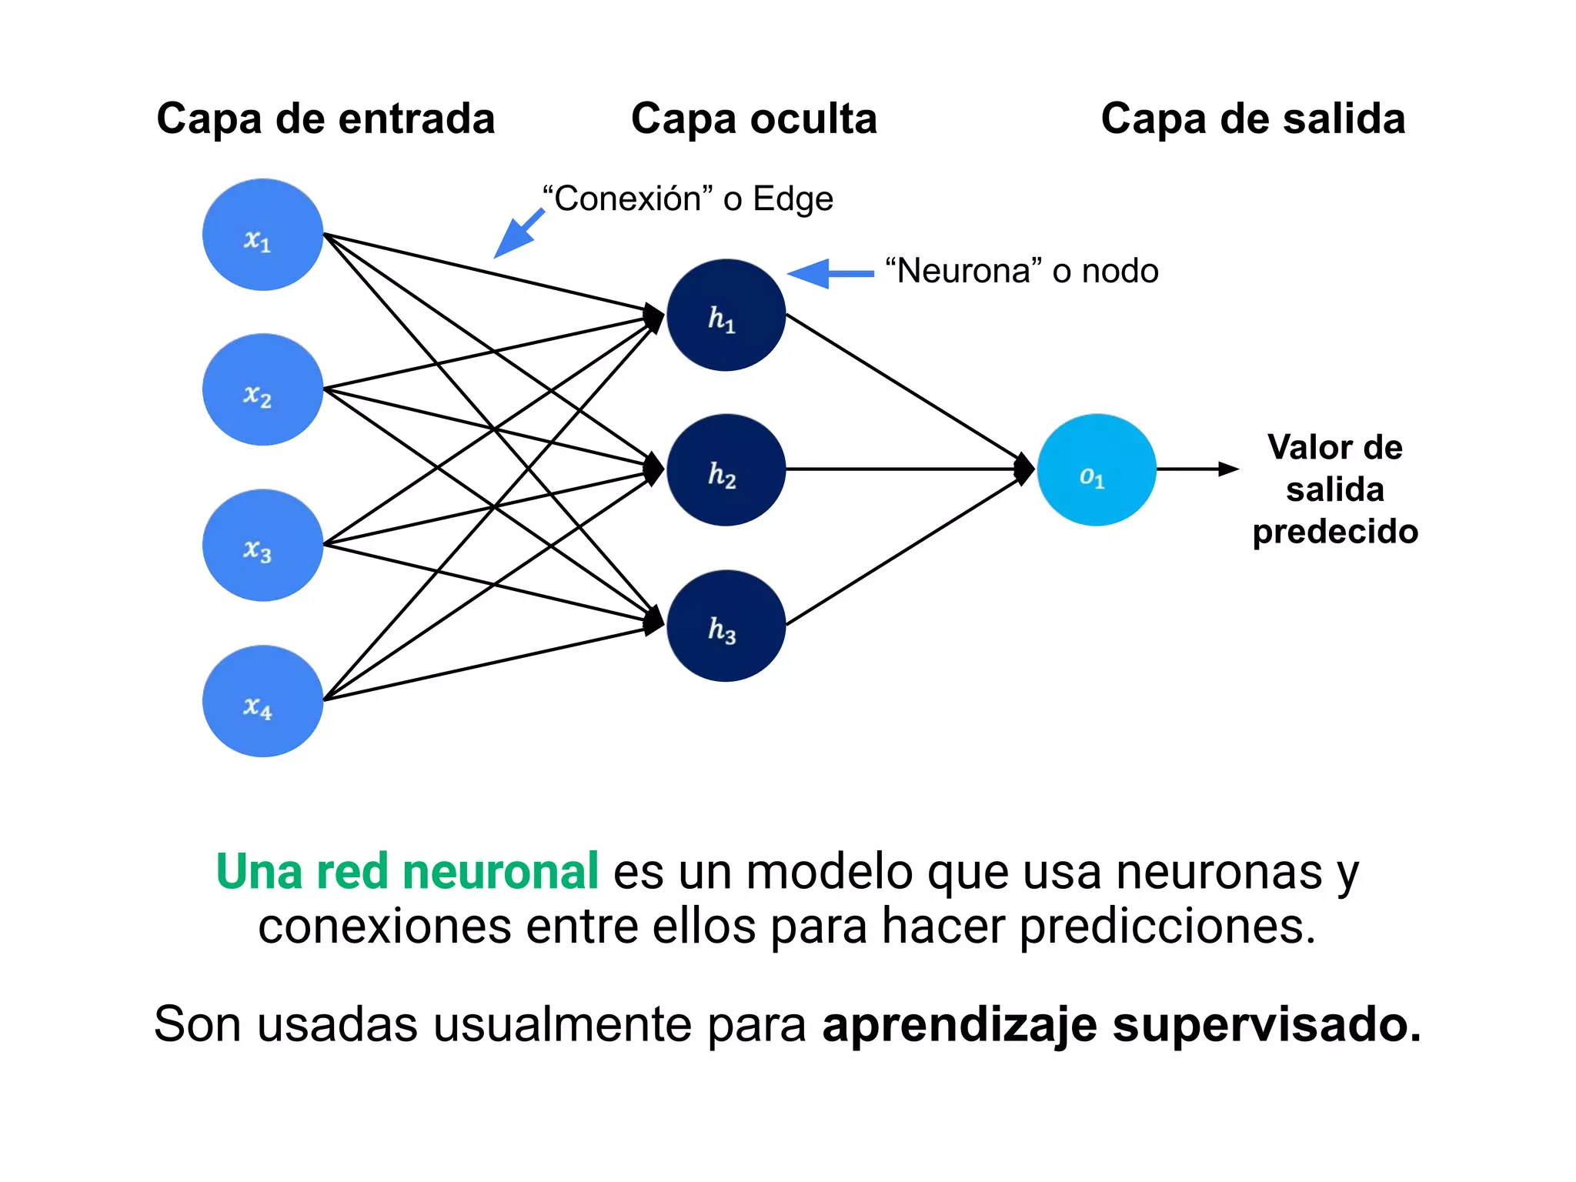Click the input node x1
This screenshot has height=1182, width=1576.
click(x=262, y=235)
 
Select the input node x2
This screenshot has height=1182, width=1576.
click(x=262, y=389)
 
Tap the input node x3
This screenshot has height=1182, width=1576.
click(x=262, y=545)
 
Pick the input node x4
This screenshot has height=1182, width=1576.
click(x=262, y=700)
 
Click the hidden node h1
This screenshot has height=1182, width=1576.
click(x=726, y=315)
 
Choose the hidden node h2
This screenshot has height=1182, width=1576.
click(x=726, y=469)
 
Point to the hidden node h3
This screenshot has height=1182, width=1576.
click(x=726, y=625)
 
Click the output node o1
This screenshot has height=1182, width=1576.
click(x=1096, y=469)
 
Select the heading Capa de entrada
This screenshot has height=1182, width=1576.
click(x=326, y=119)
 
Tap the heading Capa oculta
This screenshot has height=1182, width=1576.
click(x=753, y=119)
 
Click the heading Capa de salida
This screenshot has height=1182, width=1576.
click(x=1253, y=119)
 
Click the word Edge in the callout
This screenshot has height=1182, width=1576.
click(x=793, y=199)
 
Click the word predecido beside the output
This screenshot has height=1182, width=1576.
click(x=1335, y=532)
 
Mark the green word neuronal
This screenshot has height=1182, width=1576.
click(x=500, y=872)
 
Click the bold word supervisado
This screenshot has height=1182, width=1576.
click(x=1267, y=1024)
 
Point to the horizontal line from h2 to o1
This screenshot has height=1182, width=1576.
click(x=900, y=469)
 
